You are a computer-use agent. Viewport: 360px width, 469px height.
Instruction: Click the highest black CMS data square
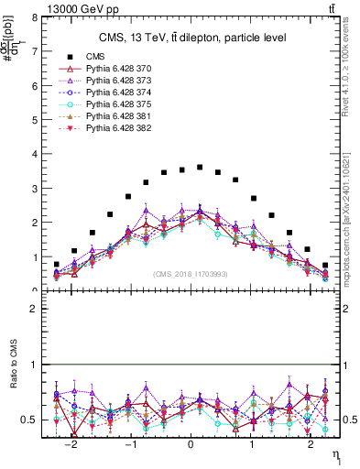(200, 167)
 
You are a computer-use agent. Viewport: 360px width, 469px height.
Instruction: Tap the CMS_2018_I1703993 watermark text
(191, 274)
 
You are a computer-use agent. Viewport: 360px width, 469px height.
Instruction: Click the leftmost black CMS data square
(57, 265)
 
